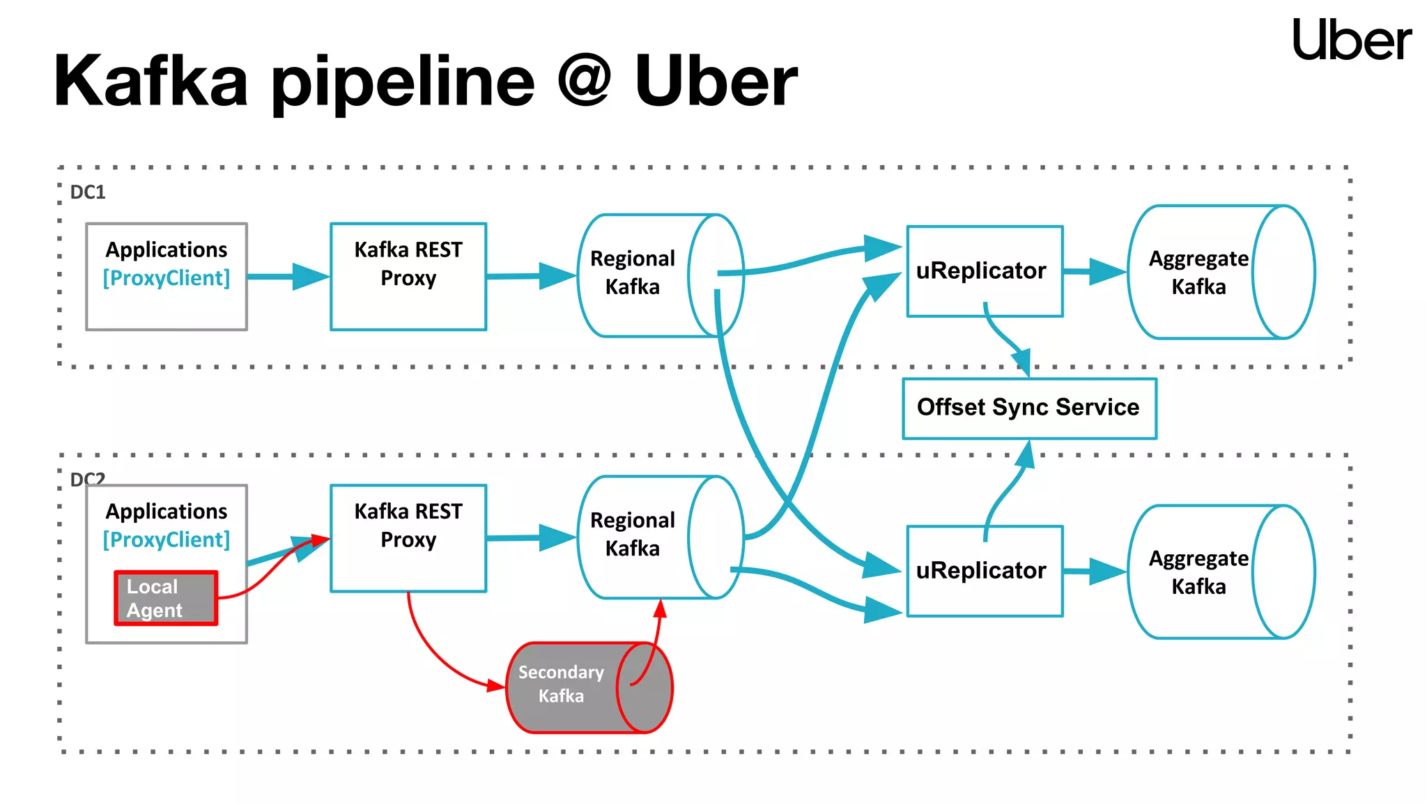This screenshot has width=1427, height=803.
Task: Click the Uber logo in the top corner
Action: click(x=1351, y=40)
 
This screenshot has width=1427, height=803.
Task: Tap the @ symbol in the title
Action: click(x=584, y=81)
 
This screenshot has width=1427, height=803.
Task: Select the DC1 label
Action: click(x=88, y=192)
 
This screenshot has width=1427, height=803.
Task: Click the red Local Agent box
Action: click(x=166, y=598)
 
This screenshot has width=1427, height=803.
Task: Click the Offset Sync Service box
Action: click(x=1028, y=408)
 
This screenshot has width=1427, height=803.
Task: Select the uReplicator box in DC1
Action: click(x=984, y=271)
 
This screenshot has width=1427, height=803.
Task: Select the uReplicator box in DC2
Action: click(x=984, y=571)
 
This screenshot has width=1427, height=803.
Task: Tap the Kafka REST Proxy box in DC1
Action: click(x=408, y=276)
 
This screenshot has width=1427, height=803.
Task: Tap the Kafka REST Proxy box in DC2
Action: click(x=408, y=537)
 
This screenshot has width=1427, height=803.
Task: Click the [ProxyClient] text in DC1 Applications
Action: click(x=166, y=278)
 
